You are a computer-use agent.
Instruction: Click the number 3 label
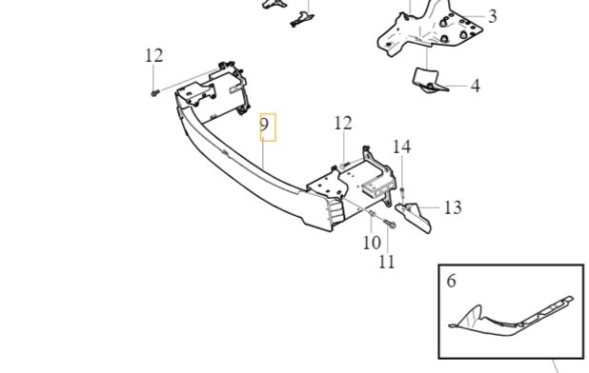coord(492,16)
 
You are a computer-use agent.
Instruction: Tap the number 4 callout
coord(475,86)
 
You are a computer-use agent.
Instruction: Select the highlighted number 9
coord(267,126)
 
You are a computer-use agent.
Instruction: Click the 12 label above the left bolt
coord(154,56)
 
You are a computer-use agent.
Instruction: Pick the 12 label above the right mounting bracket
coord(343,123)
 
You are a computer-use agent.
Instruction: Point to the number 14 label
coord(402,147)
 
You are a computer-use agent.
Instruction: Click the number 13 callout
coord(452,207)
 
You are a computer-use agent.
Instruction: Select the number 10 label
coord(371,243)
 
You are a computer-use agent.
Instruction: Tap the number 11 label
coord(386,261)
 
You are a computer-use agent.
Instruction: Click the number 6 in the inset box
coord(452,281)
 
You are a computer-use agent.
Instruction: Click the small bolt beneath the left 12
coord(153,92)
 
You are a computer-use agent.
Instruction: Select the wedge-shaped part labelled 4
coord(429,81)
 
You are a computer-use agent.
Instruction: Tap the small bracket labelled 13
coord(416,216)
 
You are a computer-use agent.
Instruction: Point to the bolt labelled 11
coord(390,225)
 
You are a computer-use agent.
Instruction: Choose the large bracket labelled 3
coord(419,33)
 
